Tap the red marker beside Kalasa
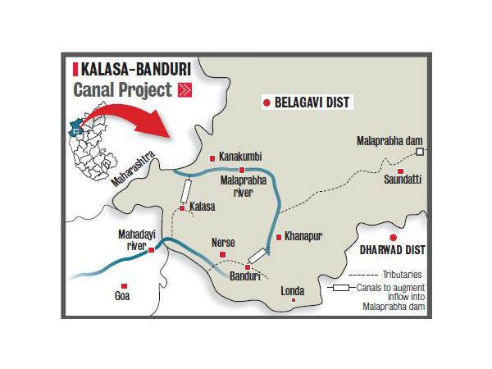coord(182,208)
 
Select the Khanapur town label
coord(304,236)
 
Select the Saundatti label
coord(401,182)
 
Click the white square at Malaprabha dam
coord(419,152)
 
